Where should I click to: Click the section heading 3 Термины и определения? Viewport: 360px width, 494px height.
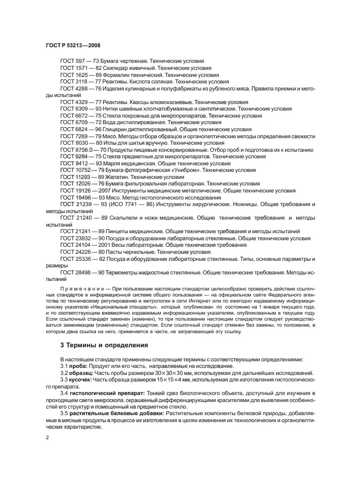(x=104, y=345)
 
